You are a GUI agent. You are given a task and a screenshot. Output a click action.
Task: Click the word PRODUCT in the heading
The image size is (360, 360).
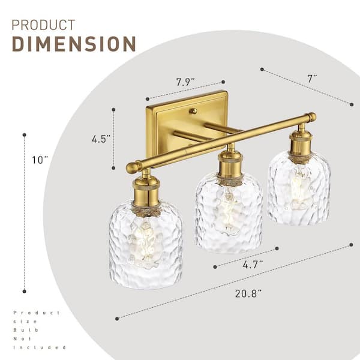43,25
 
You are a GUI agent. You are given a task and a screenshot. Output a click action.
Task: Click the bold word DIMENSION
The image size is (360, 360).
74,44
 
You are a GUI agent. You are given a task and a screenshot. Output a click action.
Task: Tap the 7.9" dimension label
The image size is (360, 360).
185,82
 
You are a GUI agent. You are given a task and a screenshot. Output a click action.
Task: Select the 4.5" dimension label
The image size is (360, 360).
101,139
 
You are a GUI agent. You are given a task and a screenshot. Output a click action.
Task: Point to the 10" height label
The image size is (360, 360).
40,160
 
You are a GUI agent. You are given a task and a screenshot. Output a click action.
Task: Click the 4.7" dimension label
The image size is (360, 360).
253,265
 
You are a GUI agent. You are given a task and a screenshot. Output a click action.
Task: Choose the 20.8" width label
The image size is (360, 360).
248,293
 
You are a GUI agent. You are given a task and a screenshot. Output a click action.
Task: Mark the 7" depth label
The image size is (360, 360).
312,79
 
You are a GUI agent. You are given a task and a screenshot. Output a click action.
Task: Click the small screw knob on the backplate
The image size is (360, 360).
193,111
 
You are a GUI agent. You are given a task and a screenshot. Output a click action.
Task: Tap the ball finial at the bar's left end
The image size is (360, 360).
131,168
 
